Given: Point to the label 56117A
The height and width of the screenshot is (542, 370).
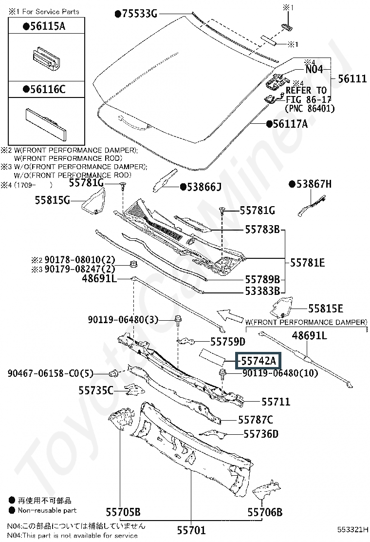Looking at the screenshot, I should [x=290, y=124].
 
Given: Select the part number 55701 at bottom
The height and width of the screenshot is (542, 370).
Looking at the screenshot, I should [x=191, y=530].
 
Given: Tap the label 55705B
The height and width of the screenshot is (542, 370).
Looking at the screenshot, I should [x=123, y=512].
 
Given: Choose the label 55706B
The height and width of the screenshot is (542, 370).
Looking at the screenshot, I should [x=265, y=512].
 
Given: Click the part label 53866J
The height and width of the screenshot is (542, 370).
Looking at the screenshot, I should [x=203, y=186].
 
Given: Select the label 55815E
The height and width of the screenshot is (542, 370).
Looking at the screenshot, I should [x=325, y=309].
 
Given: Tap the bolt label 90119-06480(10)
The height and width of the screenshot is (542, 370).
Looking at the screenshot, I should [x=280, y=373].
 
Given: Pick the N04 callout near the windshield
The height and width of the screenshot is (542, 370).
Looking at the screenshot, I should [x=314, y=69].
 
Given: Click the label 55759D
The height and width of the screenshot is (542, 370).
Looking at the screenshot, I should [x=228, y=342].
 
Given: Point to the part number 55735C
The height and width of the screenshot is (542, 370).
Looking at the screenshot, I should [x=95, y=390].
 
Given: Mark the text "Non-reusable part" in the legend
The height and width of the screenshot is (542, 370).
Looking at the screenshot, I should [x=47, y=510].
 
